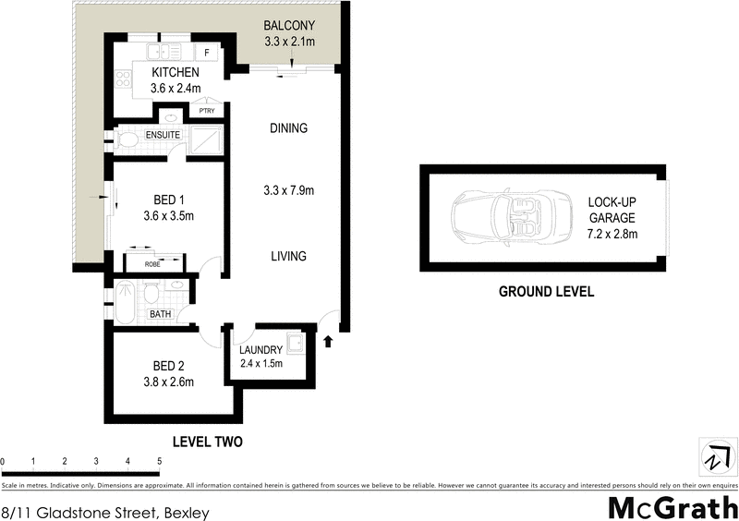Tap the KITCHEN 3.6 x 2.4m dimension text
pos(176,89)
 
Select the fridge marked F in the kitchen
pos(206,53)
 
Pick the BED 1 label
pos(169,200)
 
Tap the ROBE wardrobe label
pos(153,265)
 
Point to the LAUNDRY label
pos(260,349)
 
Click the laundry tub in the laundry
pos(297,345)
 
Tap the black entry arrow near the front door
pos(330,343)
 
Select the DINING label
pos(288,128)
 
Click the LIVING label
pos(288,256)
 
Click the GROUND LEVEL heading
pos(546,291)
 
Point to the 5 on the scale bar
pos(159,461)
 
